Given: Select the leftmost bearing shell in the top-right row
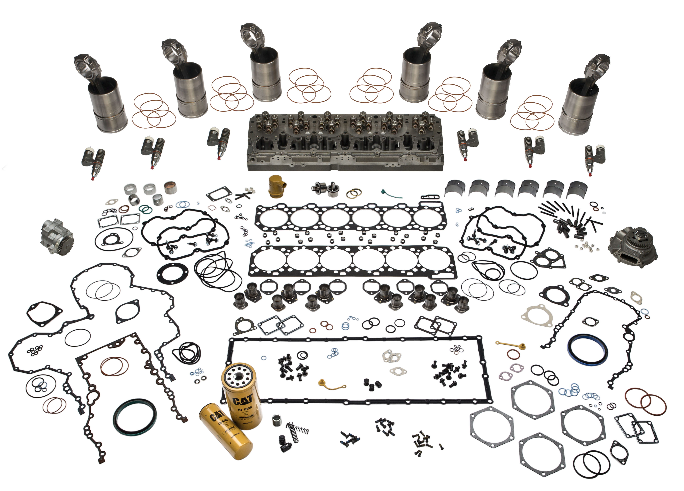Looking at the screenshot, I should pos(455,188).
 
